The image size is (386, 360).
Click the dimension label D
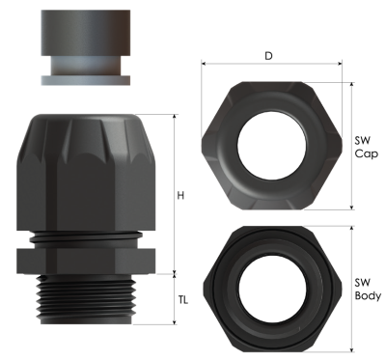click(x=267, y=56)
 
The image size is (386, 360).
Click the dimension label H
click(x=180, y=196)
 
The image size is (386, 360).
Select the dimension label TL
click(x=182, y=299)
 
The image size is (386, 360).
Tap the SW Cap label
click(x=365, y=146)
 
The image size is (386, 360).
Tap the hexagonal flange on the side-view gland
click(x=85, y=258)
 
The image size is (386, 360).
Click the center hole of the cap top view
click(x=269, y=143)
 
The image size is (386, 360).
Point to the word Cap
click(x=365, y=153)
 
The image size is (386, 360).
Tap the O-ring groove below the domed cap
click(x=86, y=235)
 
